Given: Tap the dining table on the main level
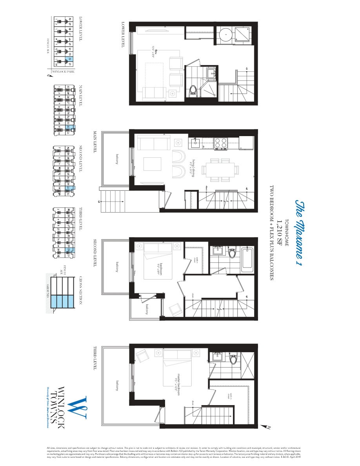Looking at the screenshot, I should point(219,169).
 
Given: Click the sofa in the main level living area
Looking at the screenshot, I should point(153,143).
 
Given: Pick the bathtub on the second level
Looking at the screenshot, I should point(247,259).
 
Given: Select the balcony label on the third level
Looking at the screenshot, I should point(117,386).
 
